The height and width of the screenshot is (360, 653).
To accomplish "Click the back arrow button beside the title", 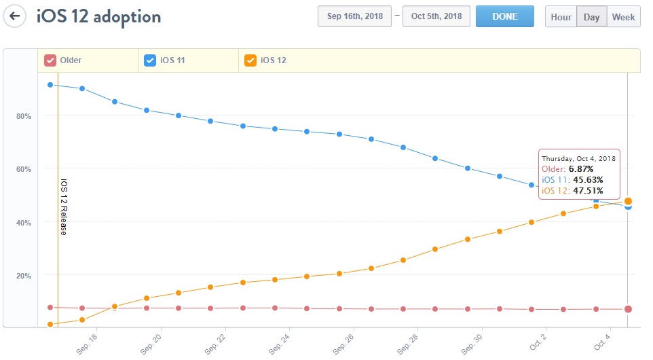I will point(14,16).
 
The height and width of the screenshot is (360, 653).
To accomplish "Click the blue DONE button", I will point(504,17).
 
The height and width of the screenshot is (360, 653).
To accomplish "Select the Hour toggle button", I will point(561,17).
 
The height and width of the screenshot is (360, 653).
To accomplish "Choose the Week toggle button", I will point(623,17).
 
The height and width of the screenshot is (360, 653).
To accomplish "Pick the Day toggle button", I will point(591,17).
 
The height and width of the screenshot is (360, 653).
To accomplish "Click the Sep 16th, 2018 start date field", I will point(354,17).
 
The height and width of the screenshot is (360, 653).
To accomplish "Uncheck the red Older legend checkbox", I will point(50,60).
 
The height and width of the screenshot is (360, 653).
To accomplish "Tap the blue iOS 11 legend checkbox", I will point(150,60).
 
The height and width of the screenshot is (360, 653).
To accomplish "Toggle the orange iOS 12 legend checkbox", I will point(250,60).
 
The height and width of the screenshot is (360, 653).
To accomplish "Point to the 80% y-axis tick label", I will point(24,116).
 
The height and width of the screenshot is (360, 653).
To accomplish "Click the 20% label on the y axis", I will point(24,276).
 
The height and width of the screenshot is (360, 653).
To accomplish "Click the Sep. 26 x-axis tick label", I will point(343,344).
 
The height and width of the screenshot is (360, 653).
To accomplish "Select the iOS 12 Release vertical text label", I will point(64,207).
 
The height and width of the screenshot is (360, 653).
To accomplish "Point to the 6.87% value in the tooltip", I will point(582,168).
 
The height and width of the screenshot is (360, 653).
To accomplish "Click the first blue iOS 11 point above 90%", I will point(50,85).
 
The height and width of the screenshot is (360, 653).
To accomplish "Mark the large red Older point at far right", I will point(628,309).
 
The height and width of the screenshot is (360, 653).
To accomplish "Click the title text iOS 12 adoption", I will point(98,16).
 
